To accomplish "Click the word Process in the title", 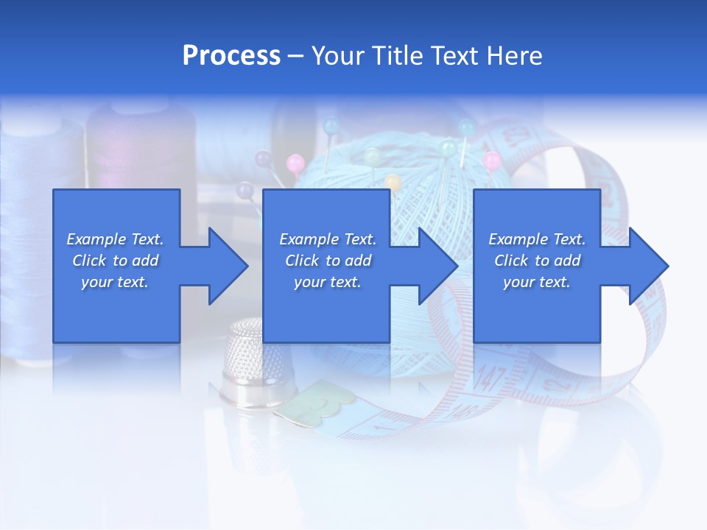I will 231,56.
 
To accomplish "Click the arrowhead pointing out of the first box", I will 225,266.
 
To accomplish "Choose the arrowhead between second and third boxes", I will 435,266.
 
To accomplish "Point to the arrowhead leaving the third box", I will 646,266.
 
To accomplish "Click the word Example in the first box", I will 96,239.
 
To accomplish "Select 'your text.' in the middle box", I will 327,283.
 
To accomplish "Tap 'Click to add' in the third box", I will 537,261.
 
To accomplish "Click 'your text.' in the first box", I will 115,283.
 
